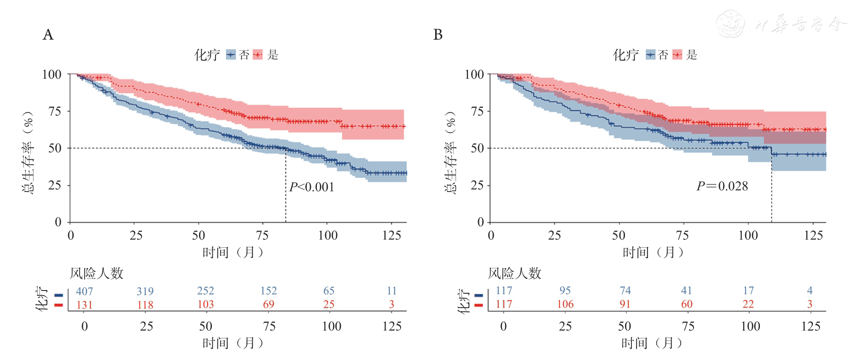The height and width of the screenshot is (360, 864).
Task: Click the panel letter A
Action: [48, 35]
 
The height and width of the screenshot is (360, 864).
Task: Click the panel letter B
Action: [438, 35]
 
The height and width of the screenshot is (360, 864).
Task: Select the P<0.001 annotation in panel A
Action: [312, 187]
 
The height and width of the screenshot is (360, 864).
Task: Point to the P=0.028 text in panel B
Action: [722, 186]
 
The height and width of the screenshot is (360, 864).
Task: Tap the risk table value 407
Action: [84, 291]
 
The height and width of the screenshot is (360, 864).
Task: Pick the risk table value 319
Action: [145, 291]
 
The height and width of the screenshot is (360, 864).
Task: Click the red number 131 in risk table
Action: [84, 305]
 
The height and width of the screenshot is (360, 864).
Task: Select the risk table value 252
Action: [205, 291]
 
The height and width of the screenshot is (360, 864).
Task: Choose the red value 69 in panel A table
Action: [269, 304]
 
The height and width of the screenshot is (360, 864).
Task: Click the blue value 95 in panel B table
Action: [565, 291]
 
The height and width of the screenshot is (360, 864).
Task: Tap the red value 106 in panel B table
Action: [565, 304]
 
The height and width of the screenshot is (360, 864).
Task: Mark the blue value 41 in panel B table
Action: [687, 290]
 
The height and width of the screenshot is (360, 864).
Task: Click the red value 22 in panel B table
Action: [748, 304]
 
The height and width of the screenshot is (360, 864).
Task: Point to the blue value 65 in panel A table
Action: [329, 291]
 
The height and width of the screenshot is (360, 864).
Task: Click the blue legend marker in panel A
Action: [231, 55]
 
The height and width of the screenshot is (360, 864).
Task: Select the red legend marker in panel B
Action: [677, 55]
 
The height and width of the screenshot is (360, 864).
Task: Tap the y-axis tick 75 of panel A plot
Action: [54, 111]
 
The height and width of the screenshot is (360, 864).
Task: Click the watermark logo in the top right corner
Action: [731, 24]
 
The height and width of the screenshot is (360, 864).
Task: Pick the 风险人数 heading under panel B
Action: [514, 273]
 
